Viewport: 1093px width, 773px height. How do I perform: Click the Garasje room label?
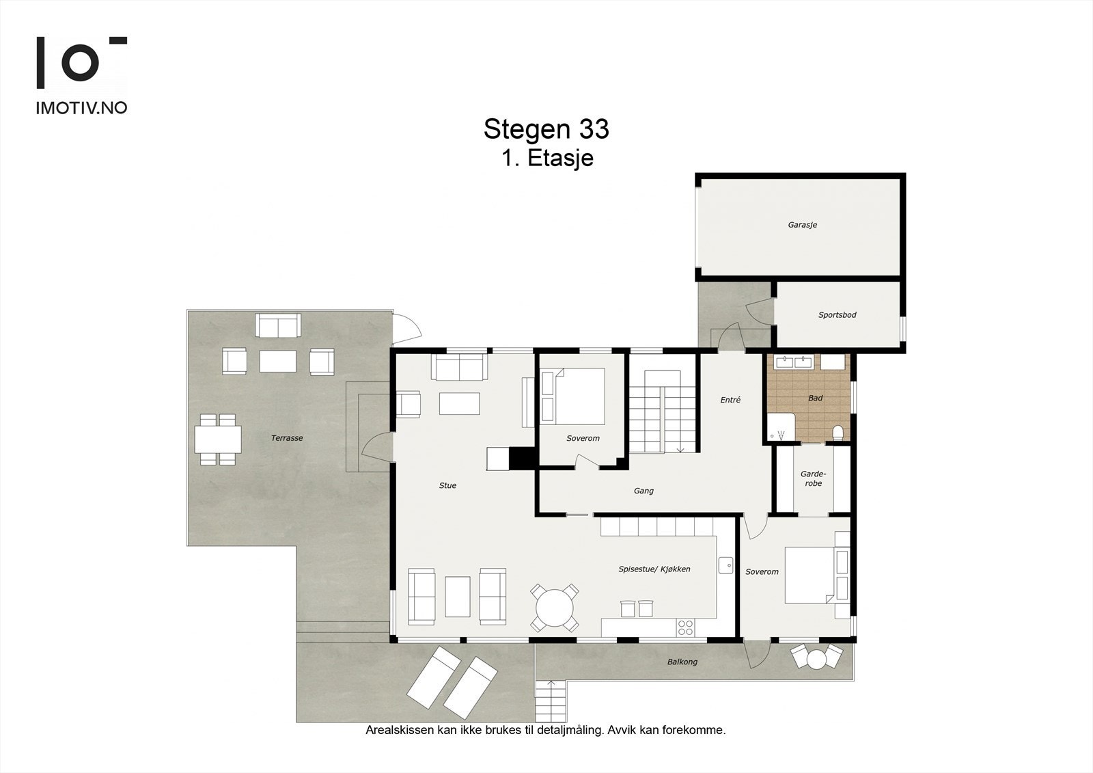tap(802, 225)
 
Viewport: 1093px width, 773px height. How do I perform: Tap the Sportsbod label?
tap(838, 315)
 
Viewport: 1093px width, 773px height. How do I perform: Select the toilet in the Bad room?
tap(838, 433)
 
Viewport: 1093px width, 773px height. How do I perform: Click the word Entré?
tap(730, 400)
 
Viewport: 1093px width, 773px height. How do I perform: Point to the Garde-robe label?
tap(814, 478)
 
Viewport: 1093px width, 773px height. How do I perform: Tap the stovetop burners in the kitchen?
tap(686, 627)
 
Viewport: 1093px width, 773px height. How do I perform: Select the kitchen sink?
tap(725, 565)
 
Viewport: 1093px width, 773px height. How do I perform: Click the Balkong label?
tap(682, 662)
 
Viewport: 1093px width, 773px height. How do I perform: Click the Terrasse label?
tap(287, 438)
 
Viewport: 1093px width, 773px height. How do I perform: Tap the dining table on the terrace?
tap(218, 439)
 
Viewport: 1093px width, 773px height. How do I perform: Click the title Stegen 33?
tap(546, 129)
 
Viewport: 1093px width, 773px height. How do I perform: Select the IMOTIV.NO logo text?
tap(81, 108)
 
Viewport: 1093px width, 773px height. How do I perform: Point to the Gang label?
tap(644, 491)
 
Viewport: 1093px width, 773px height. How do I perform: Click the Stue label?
tap(447, 485)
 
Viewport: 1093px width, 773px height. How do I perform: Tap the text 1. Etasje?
tap(547, 158)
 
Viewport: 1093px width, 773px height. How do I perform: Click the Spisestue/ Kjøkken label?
tap(654, 569)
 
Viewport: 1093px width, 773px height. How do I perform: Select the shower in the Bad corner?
tap(780, 428)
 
